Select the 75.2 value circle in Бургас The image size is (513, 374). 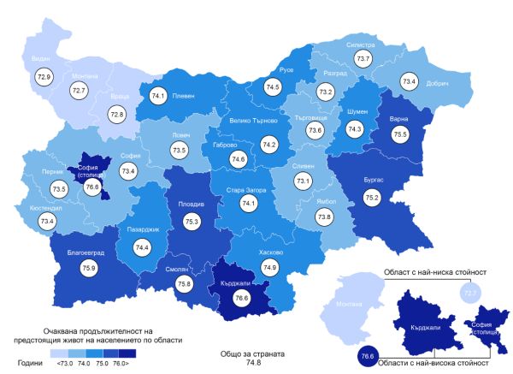pos(373,196)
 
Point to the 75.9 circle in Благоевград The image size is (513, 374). pos(89,267)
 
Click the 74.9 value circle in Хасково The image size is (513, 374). pos(270,268)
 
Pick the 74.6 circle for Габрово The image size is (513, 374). pos(238,159)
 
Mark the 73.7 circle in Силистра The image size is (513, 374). pos(363,59)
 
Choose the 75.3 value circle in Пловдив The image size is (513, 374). pos(192,222)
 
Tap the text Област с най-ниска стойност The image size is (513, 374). pos(428,272)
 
